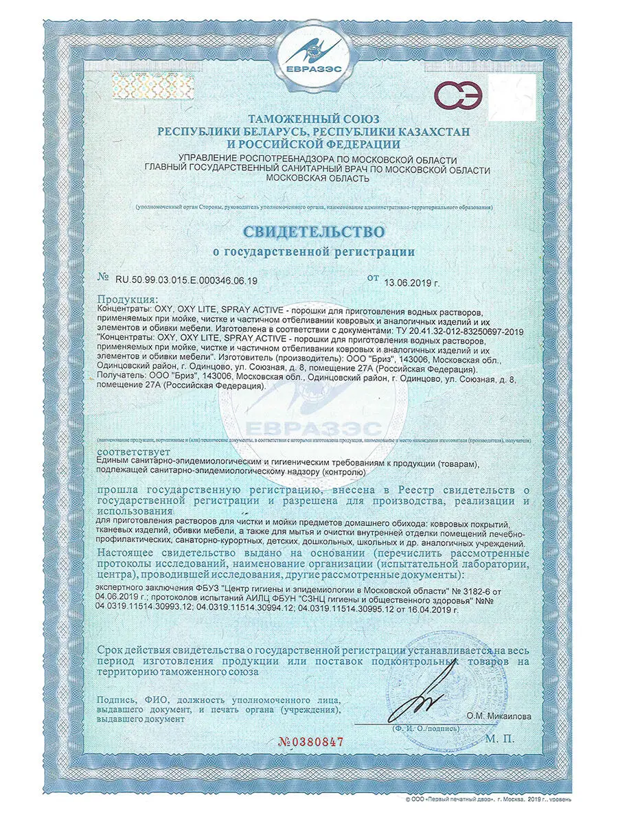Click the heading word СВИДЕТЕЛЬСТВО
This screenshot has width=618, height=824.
coord(313,230)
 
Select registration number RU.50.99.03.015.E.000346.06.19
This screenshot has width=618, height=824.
coord(185,280)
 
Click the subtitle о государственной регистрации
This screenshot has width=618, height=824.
coord(313,252)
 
